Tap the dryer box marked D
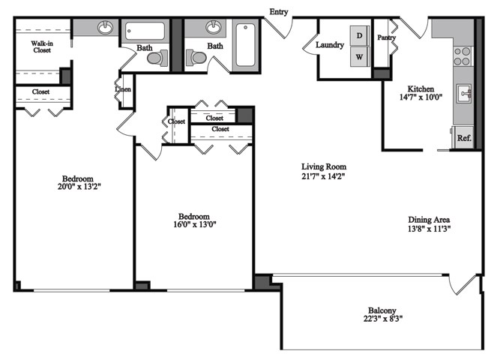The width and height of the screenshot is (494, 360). (360, 35)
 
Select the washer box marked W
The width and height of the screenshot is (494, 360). (360, 57)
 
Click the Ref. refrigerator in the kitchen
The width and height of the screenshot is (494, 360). (464, 138)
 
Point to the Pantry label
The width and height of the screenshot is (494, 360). (387, 37)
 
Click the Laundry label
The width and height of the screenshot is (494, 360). (330, 45)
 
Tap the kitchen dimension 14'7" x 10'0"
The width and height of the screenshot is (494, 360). (421, 97)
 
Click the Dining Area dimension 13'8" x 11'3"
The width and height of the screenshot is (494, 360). (429, 229)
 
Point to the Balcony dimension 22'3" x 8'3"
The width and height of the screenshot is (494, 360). (382, 319)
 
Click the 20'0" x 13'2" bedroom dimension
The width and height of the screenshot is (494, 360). (77, 188)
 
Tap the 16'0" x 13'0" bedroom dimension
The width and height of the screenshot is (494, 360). (193, 224)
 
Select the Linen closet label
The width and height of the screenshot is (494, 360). (123, 90)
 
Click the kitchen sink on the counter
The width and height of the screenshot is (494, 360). (465, 94)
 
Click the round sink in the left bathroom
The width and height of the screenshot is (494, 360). (104, 29)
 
